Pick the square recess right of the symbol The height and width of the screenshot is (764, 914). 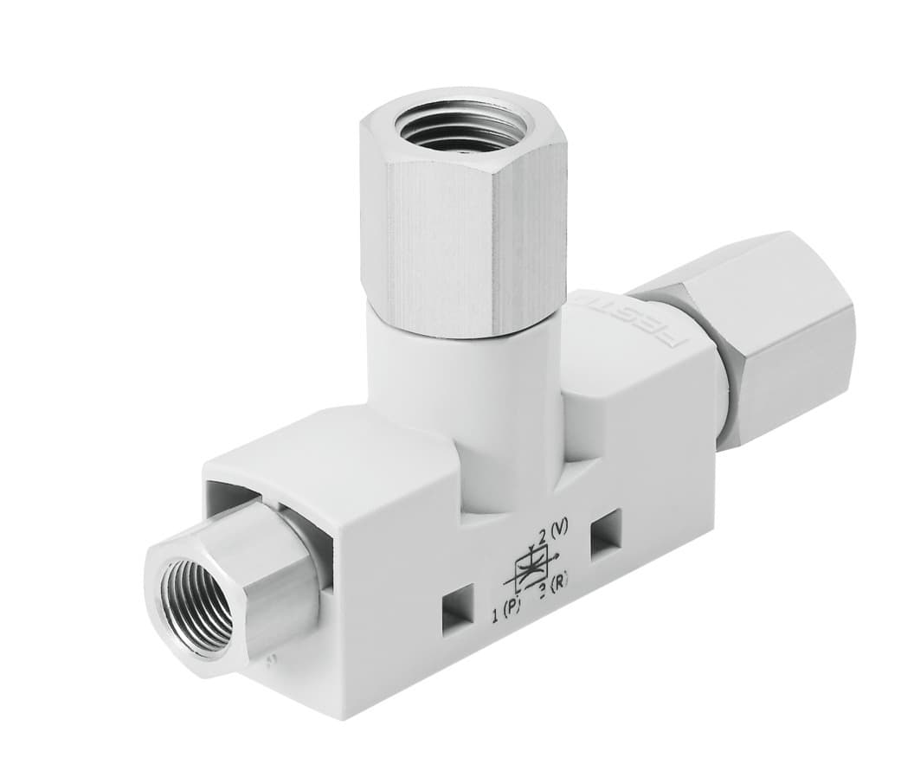605,530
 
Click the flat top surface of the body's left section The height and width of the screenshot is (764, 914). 329,450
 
